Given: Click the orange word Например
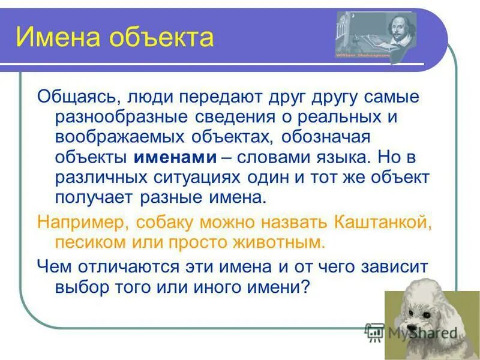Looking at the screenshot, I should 82,222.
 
